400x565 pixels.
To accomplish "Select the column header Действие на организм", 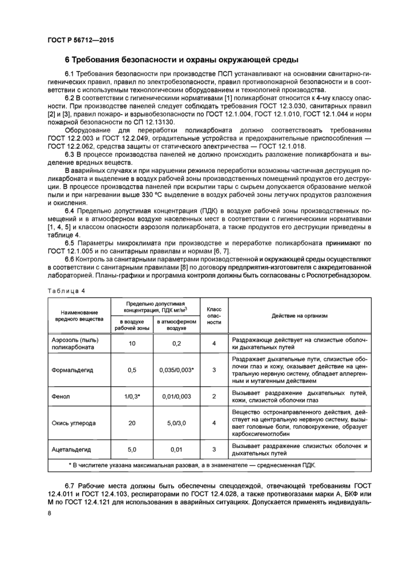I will (301, 315).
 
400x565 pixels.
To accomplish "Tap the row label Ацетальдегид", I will (71, 450).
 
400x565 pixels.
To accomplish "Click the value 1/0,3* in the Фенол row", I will (132, 395).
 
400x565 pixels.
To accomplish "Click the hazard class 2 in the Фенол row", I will (214, 395).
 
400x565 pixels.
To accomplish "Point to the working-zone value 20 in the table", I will (132, 423).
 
